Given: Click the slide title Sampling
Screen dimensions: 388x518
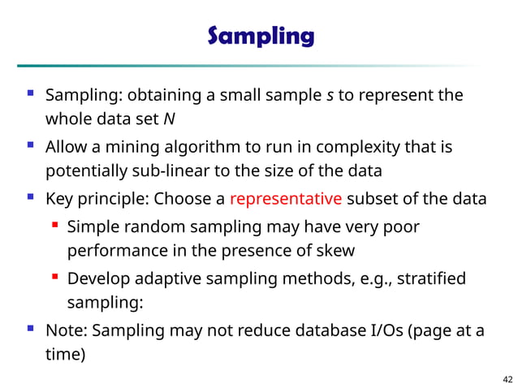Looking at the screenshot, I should coord(260,37).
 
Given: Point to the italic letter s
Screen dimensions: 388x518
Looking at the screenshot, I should coord(329,96).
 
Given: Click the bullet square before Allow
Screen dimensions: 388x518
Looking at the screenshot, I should coord(30,148).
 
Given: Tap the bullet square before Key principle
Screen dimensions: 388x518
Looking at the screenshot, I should coord(30,199).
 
